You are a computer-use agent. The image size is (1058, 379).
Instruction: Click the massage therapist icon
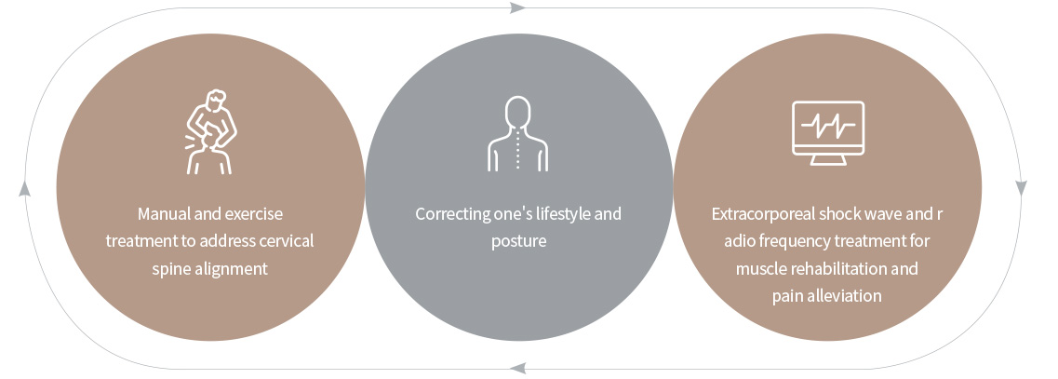pyautogui.click(x=210, y=131)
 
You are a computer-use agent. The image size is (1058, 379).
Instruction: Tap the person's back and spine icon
pyautogui.click(x=517, y=134)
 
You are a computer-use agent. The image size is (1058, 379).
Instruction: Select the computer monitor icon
pyautogui.click(x=828, y=132)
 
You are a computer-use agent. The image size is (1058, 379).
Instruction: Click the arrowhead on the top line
pyautogui.click(x=517, y=8)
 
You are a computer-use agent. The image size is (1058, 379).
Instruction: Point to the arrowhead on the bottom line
pyautogui.click(x=517, y=368)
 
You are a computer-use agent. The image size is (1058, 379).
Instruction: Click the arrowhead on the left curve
pyautogui.click(x=24, y=188)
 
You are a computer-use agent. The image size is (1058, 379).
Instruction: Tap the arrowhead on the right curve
pyautogui.click(x=1021, y=188)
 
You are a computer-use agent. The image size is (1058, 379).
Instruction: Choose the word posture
pyautogui.click(x=518, y=241)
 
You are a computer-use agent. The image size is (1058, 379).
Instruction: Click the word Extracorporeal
pyautogui.click(x=762, y=214)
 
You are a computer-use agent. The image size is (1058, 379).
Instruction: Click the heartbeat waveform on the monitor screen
pyautogui.click(x=828, y=125)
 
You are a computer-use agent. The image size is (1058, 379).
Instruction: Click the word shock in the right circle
pyautogui.click(x=837, y=214)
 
